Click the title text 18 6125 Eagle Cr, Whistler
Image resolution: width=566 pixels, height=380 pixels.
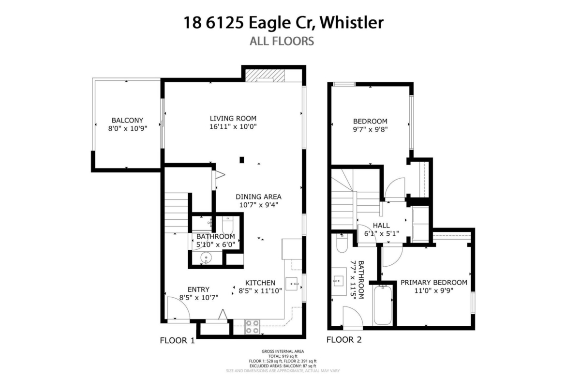(x=283, y=22)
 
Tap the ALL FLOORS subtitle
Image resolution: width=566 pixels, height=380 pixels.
(x=282, y=41)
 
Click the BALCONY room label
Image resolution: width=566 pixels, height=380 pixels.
(x=127, y=120)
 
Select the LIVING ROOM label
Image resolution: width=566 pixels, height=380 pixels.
(x=233, y=118)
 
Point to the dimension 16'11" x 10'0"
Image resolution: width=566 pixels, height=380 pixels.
(x=233, y=127)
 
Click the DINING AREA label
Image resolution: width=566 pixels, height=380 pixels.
(x=258, y=197)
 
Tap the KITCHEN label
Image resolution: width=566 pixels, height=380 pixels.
(x=260, y=283)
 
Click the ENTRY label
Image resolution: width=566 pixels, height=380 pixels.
(x=198, y=289)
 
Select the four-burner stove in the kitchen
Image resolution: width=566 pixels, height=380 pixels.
(x=253, y=327)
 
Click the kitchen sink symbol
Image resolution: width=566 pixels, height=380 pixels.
(x=292, y=284)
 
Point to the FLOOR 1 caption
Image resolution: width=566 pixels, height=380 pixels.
(x=177, y=340)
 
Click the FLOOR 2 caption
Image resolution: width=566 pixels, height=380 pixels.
(x=344, y=339)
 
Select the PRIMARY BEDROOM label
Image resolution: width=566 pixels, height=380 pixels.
(x=434, y=283)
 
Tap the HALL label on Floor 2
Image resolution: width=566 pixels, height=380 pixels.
(x=381, y=226)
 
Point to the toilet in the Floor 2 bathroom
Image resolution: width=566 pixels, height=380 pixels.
(x=342, y=243)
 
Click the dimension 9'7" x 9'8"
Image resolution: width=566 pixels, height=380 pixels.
(x=371, y=130)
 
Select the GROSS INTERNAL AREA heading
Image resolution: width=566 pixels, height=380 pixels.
(x=283, y=351)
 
